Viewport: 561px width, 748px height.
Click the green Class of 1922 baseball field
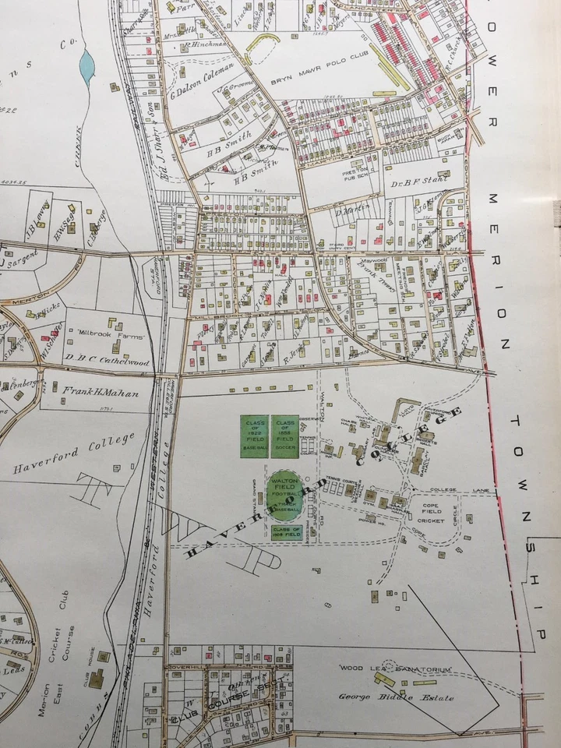click(254, 436)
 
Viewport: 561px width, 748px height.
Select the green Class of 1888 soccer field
click(285, 436)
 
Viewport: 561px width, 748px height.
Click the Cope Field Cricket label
click(433, 510)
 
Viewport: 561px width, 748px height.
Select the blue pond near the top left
click(86, 63)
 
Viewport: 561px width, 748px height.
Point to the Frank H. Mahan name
click(101, 393)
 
